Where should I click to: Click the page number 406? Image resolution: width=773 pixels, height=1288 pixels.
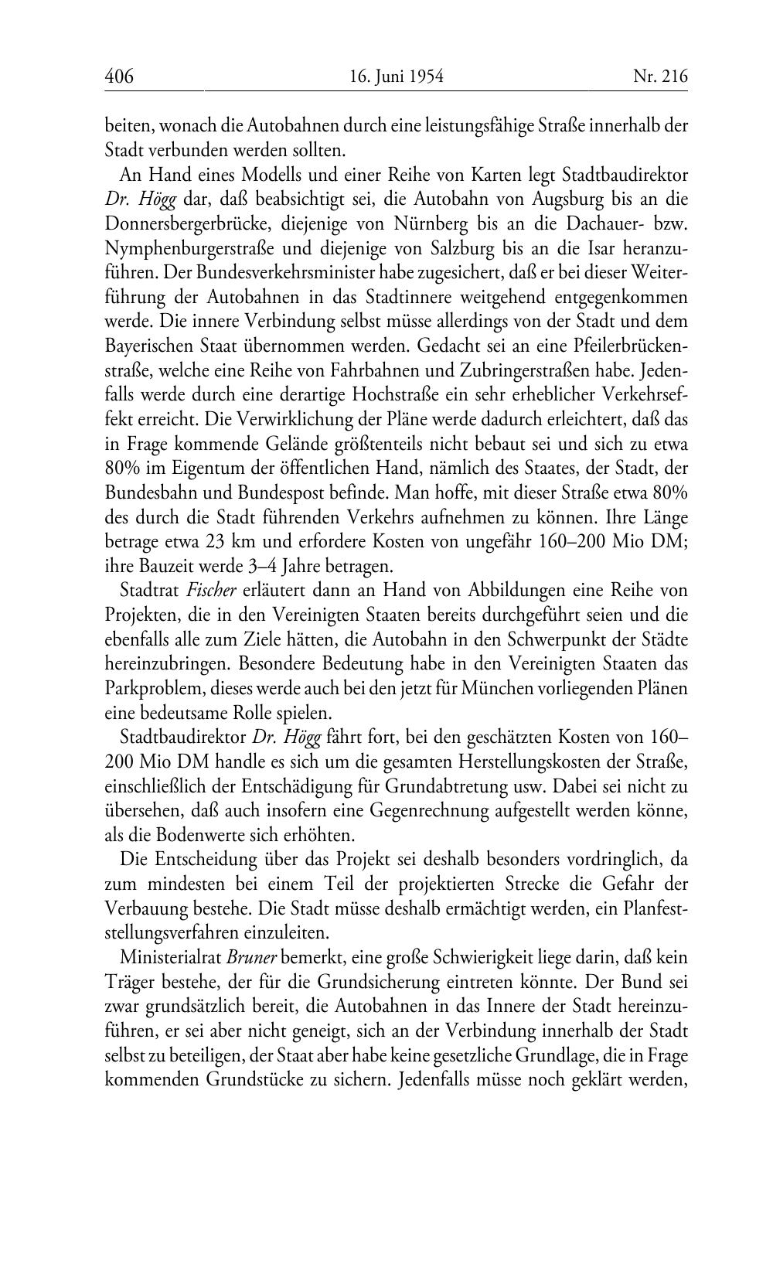pos(119,77)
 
